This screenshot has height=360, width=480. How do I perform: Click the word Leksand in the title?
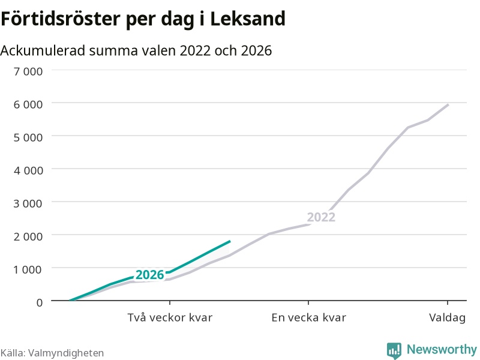[248, 19]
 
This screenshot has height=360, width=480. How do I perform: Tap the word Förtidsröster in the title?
[61, 19]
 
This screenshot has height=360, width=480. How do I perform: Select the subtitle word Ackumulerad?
[43, 50]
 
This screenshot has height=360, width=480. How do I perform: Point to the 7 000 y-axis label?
[28, 71]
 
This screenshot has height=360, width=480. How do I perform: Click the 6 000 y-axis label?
[28, 104]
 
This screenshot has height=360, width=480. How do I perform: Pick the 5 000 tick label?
[28, 137]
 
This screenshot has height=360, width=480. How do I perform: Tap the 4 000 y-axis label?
[28, 170]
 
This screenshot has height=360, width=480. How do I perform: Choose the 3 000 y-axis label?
[28, 203]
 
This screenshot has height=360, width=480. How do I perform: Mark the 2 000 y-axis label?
[28, 236]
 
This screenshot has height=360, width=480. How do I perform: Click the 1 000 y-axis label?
[28, 269]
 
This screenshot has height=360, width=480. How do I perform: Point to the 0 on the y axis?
[40, 303]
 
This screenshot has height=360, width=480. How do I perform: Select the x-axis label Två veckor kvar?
[170, 317]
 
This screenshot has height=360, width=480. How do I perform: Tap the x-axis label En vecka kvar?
[308, 317]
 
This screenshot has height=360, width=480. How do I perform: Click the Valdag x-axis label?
[447, 318]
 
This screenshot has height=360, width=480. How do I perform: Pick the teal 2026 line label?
[149, 275]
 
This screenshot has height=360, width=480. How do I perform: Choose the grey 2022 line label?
[321, 217]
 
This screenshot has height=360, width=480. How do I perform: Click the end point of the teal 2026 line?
[230, 241]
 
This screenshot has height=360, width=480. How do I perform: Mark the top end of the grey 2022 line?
[448, 104]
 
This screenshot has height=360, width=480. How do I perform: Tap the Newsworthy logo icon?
[394, 350]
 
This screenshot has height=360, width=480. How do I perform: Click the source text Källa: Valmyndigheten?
[52, 353]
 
